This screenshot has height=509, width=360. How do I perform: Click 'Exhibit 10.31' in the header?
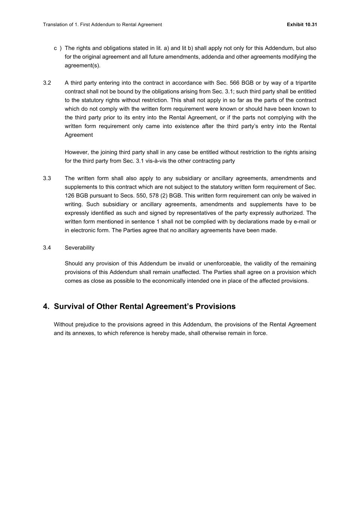click(302, 25)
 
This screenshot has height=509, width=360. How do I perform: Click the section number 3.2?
click(47, 83)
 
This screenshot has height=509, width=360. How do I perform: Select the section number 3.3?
click(47, 178)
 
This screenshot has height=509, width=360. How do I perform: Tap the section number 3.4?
click(47, 248)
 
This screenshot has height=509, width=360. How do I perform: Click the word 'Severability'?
click(79, 248)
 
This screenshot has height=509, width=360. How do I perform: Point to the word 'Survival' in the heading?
click(74, 307)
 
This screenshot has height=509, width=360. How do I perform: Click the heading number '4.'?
click(46, 307)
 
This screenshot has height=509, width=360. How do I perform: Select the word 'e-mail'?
click(301, 221)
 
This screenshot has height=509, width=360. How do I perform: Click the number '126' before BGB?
click(69, 196)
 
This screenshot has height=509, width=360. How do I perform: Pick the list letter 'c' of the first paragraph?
click(56, 48)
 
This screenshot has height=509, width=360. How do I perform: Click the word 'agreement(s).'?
click(82, 66)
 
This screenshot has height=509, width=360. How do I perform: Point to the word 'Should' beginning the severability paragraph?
click(73, 264)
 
